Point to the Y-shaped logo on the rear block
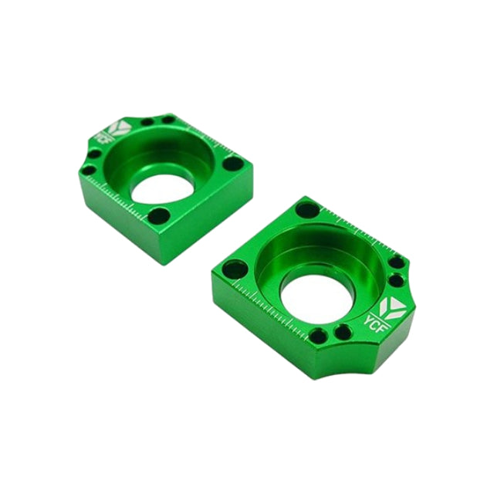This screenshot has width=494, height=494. point(122,128)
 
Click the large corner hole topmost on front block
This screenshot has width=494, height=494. point(306,209)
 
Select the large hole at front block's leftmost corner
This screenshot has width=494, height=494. point(235,269)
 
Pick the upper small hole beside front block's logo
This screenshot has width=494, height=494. point(397,262)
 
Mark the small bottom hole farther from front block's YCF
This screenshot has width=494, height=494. point(318,336)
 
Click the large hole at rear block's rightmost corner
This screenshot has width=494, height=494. point(232,164)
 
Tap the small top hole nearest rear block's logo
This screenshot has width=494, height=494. point(147,121)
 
